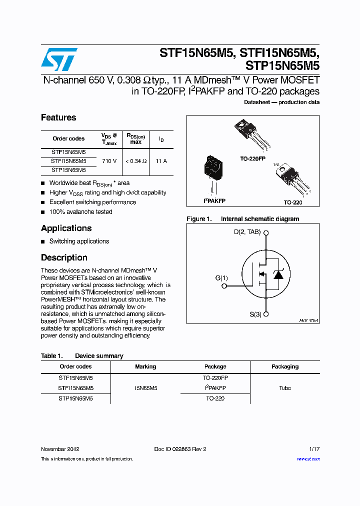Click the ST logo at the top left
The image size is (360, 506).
pos(59,59)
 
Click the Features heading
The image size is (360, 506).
pos(58,118)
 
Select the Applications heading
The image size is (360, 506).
pos(66,228)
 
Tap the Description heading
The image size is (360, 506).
pos(64,258)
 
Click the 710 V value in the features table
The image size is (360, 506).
pos(109,161)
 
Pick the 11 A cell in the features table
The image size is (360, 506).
pos(161,161)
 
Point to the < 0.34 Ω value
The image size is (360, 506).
pos(135,161)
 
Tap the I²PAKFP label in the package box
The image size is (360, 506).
pos(214,200)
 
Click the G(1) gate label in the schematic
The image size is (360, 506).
pos(221,278)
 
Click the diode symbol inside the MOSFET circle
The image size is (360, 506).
pos(279,274)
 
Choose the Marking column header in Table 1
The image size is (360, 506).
pos(145,366)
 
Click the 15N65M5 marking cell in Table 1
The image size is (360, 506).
pos(145,388)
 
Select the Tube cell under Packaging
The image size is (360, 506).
pos(285,388)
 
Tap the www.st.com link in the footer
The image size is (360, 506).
pos(308,459)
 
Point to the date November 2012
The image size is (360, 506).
pos(60,449)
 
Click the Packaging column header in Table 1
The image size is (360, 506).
pos(285,366)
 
